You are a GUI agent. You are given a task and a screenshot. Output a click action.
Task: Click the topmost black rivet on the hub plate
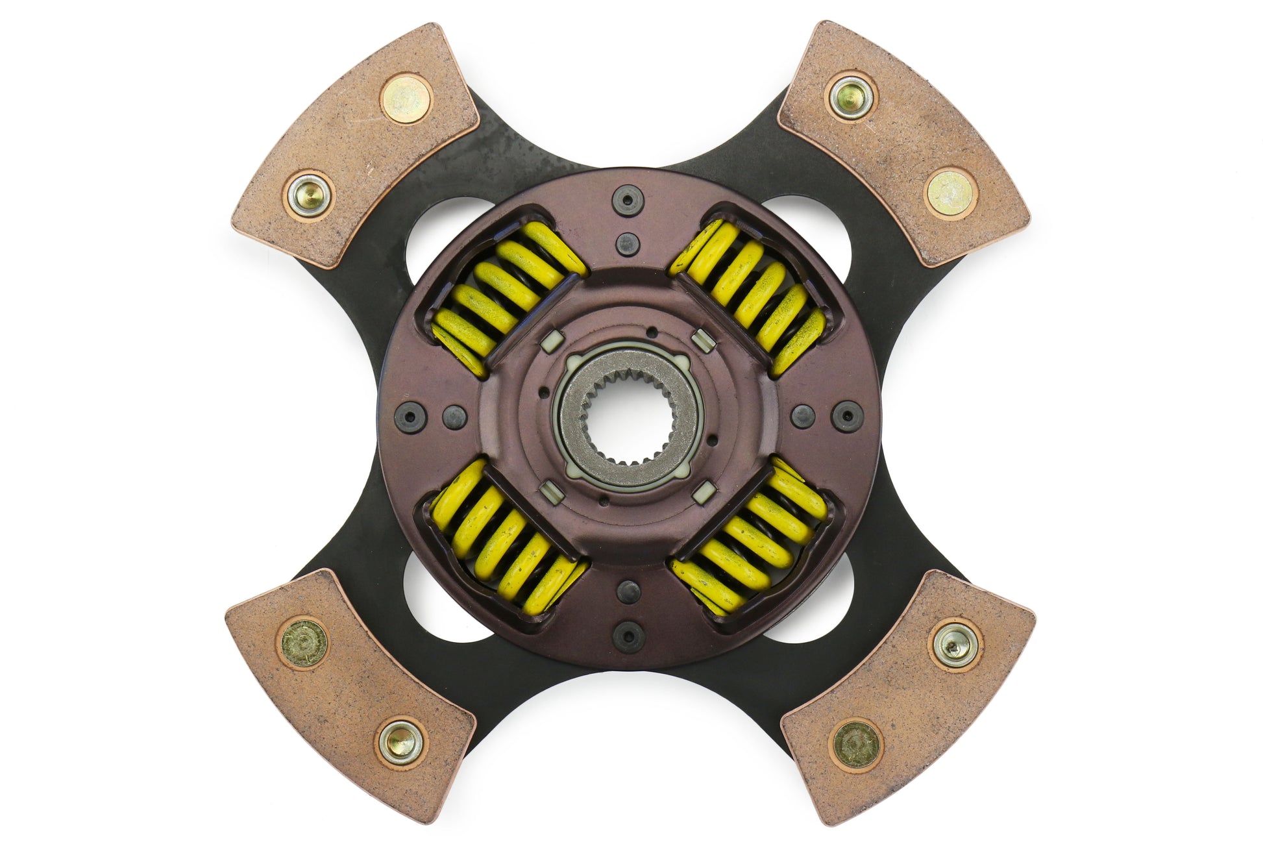tap(628, 198)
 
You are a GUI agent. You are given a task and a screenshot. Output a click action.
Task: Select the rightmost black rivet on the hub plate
tap(846, 414)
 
